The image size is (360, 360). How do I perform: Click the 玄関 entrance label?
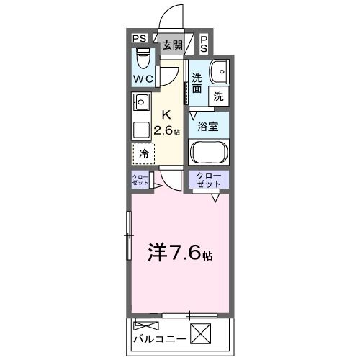pos(171,45)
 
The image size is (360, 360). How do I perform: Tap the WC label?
pos(142,78)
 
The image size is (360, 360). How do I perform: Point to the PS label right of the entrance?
pos(204,43)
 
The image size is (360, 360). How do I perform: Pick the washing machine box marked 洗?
pos(217,95)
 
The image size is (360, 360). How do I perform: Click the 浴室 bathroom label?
pos(209,126)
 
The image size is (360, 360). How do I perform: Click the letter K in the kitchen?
pos(166,114)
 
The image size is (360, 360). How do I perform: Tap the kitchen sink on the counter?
pos(140,103)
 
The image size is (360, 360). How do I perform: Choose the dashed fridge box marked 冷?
pos(144,153)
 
